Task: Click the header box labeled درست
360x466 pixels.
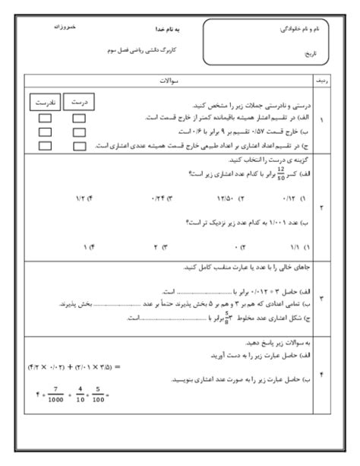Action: point(77,101)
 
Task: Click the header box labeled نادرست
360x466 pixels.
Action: point(44,101)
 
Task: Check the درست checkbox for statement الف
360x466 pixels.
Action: point(78,118)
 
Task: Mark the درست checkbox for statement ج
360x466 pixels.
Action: point(78,143)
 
